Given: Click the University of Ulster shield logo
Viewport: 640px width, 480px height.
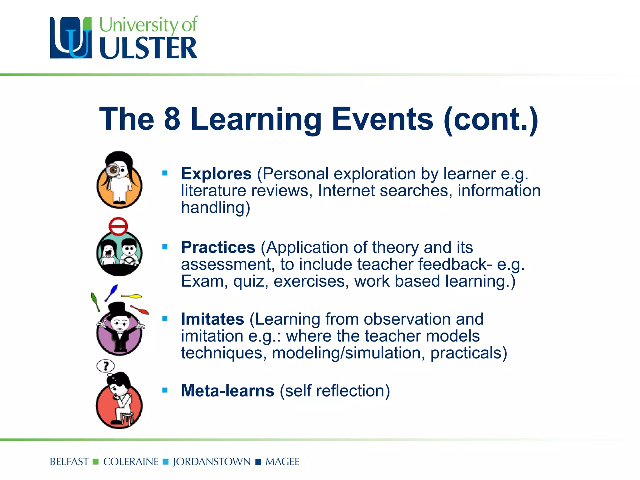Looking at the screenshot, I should coord(71,38).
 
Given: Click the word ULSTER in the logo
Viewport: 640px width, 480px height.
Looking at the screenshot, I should coord(148,48).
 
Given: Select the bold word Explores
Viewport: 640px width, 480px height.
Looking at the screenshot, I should coord(216,174).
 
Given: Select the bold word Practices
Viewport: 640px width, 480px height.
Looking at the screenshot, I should coord(218,247).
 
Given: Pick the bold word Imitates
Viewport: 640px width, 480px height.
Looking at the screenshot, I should coord(212,319).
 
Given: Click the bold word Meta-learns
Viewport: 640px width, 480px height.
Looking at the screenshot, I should coord(227,391).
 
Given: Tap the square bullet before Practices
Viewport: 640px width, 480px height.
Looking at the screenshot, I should coord(165,247).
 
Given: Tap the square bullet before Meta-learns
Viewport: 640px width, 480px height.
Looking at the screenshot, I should coord(165,390).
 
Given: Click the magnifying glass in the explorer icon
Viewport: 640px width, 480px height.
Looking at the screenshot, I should coord(113,170).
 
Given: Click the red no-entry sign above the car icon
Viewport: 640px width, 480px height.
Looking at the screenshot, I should coord(118,226).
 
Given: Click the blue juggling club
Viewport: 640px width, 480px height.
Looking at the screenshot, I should coord(112,292).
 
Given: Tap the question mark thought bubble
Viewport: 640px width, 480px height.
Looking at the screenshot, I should coord(106,366).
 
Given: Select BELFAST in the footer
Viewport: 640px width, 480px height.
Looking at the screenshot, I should coord(69,462).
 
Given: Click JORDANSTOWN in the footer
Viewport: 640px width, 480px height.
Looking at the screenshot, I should coord(212,462).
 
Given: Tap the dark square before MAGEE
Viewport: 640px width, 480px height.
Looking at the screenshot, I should coord(258,462).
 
